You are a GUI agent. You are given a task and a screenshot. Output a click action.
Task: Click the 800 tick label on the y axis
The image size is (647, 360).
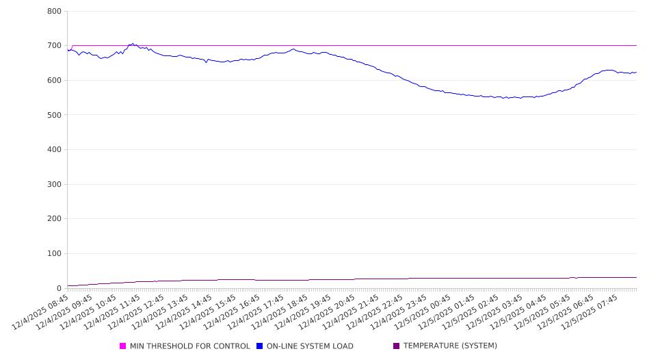click(55, 12)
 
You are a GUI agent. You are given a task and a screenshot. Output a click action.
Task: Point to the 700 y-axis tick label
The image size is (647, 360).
click(55, 46)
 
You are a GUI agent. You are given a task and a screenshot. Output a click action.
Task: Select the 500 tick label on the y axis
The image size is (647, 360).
click(55, 115)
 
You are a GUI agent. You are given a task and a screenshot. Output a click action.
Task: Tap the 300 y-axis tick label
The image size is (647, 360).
click(55, 185)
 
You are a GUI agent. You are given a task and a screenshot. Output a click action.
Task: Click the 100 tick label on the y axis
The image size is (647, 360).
click(55, 254)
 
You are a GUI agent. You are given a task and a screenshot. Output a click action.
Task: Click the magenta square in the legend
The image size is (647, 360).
click(123, 346)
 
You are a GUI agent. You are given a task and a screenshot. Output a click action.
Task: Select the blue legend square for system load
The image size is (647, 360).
click(260, 346)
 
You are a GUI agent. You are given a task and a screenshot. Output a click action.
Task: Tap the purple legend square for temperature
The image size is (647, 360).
click(397, 346)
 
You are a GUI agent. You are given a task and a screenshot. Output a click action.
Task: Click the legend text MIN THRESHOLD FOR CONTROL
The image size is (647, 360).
click(189, 346)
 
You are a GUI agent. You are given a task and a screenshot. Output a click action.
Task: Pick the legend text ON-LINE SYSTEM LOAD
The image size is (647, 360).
click(310, 346)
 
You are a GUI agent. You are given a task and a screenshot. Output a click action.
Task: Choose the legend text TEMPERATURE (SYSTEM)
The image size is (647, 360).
click(450, 346)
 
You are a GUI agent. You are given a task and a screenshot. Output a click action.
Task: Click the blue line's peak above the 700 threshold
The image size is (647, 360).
click(133, 44)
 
